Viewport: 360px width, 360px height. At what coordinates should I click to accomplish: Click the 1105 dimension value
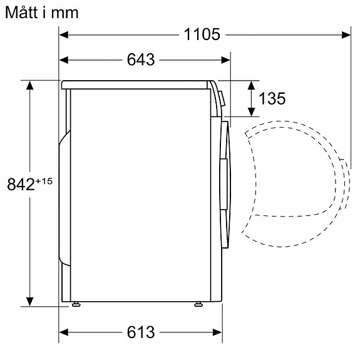(x=202, y=34)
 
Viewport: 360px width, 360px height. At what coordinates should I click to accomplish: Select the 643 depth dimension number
(x=140, y=60)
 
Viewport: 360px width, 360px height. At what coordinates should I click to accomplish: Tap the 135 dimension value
(x=272, y=99)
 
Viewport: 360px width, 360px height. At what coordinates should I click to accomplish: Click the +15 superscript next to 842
(x=44, y=181)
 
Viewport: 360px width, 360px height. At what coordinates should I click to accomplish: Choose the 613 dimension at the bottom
(x=140, y=332)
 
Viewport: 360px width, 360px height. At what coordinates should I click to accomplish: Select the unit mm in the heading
(x=66, y=13)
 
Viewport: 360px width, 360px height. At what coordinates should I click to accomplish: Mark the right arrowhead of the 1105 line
(x=345, y=35)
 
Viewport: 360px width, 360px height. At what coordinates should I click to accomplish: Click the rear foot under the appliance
(x=76, y=304)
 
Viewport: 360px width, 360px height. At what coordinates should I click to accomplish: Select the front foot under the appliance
(x=198, y=304)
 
